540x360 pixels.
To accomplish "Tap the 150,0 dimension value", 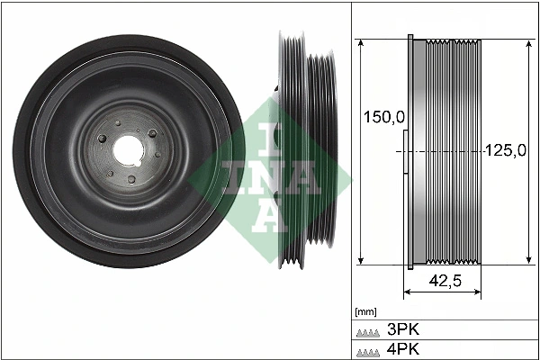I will pos(382,117).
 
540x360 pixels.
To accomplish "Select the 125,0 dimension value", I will pos(505,151).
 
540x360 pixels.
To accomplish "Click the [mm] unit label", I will pos(365,311).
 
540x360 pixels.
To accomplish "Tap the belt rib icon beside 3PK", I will pos(368,330).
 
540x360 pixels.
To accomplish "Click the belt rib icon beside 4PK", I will pos(368,350).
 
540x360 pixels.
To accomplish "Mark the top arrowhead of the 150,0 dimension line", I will pos(360,42).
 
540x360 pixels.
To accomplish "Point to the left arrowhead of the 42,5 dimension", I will pos(406,292).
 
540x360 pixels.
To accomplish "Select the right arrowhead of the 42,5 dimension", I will pos(479,292).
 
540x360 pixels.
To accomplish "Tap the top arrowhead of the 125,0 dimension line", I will pos(526,42).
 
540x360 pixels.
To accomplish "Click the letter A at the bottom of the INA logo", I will pos(269,213).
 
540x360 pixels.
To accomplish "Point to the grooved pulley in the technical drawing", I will pos(445,153).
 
